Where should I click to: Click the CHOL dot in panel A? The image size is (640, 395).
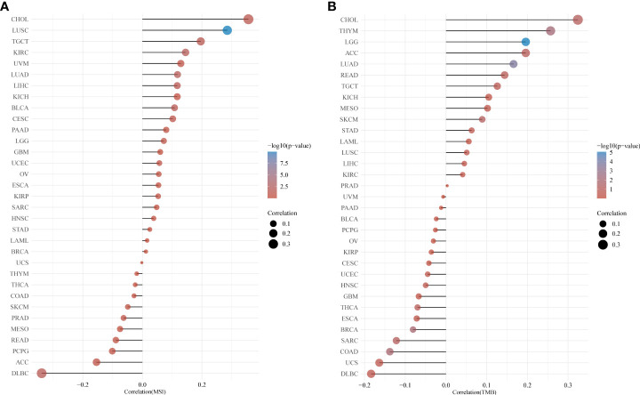point(249,20)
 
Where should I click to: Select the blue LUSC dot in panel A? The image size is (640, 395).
point(228,30)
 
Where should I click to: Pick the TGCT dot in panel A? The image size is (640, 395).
point(201,42)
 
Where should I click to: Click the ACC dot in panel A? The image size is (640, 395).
point(96,362)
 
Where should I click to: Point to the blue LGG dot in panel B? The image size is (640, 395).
point(526,42)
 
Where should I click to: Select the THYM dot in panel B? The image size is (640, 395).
point(550,31)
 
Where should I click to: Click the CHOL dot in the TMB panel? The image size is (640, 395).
point(578,20)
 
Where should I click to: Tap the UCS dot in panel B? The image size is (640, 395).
point(380,362)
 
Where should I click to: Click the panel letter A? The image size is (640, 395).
point(6,6)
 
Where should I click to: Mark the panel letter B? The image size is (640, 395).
point(332,6)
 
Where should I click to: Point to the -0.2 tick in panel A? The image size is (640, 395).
point(83,383)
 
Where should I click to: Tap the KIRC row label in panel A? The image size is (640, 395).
point(19,52)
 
